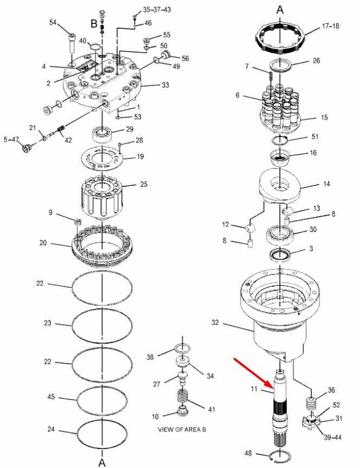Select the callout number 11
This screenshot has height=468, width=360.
tap(254, 389)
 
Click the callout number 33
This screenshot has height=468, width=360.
tap(165, 85)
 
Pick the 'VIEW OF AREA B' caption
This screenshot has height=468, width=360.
tap(182, 430)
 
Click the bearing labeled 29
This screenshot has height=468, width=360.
tap(102, 133)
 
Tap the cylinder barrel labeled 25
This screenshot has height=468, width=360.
tap(102, 197)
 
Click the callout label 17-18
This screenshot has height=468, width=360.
tap(330, 26)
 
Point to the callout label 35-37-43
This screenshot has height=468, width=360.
tap(157, 10)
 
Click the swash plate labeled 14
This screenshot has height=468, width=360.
tap(279, 185)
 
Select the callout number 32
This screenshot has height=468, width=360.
tap(215, 322)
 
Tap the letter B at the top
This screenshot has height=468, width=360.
tap(94, 24)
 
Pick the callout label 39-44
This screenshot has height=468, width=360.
tap(332, 437)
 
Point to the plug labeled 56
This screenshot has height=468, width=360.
tap(165, 55)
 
